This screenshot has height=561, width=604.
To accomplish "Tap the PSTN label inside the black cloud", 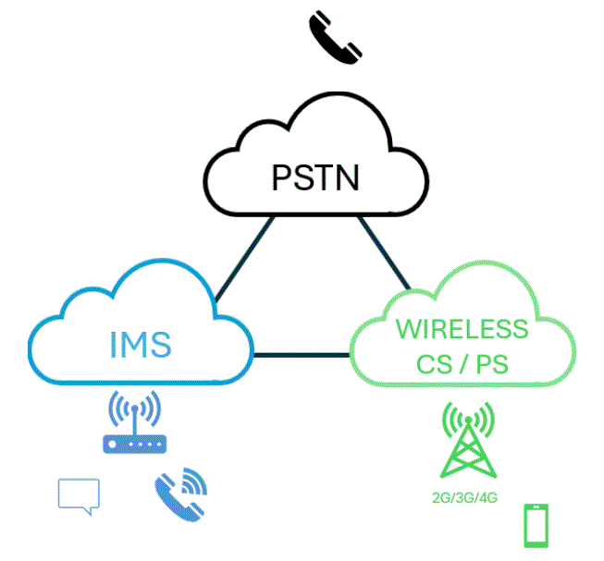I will click(x=314, y=176).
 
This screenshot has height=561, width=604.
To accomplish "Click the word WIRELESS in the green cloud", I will click(x=462, y=328).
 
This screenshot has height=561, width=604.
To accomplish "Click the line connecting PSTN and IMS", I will click(x=242, y=262).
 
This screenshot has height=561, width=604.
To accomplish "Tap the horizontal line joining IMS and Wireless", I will click(x=302, y=355).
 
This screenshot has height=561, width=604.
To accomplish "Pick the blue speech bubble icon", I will click(x=78, y=495).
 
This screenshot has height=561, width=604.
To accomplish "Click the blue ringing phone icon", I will click(x=180, y=494).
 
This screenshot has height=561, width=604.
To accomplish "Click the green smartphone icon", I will click(x=536, y=525).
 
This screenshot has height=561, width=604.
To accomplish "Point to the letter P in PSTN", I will click(x=282, y=176).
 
